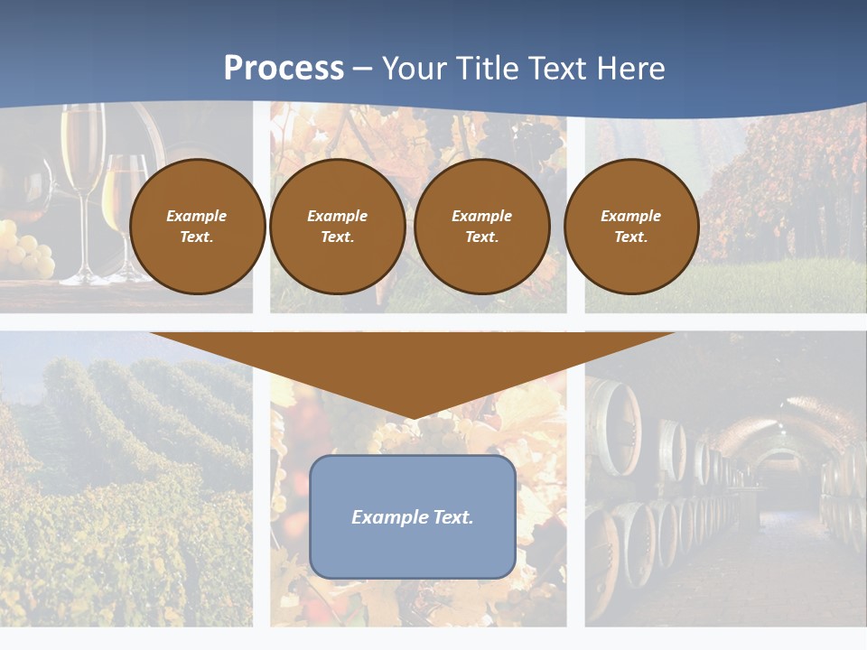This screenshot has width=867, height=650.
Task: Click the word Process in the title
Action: tap(284, 69)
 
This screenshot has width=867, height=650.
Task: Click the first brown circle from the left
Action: tap(197, 227)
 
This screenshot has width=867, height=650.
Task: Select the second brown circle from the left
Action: tap(338, 227)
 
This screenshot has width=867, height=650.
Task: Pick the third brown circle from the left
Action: tap(482, 227)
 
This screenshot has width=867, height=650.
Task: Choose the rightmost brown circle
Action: tap(631, 227)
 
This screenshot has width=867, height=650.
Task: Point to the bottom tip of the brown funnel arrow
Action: tap(414, 416)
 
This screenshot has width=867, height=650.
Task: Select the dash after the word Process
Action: tap(363, 69)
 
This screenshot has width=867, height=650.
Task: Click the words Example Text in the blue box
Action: tap(413, 517)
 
